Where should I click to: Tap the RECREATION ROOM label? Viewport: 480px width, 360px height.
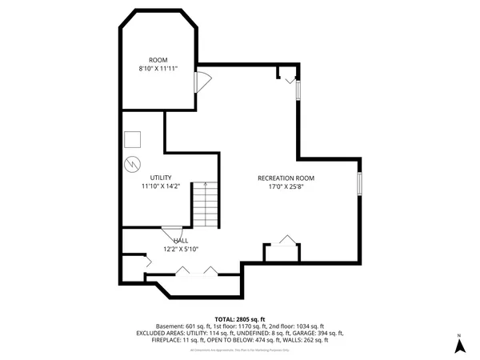286,178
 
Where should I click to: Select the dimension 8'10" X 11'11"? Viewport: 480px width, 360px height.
158,70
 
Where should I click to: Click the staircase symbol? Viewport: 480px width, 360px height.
204,205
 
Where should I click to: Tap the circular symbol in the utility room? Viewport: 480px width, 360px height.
130,166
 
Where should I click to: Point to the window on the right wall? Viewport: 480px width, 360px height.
359,184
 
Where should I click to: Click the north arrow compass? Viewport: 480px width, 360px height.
459,344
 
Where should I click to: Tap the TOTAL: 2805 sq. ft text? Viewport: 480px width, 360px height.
239,318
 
